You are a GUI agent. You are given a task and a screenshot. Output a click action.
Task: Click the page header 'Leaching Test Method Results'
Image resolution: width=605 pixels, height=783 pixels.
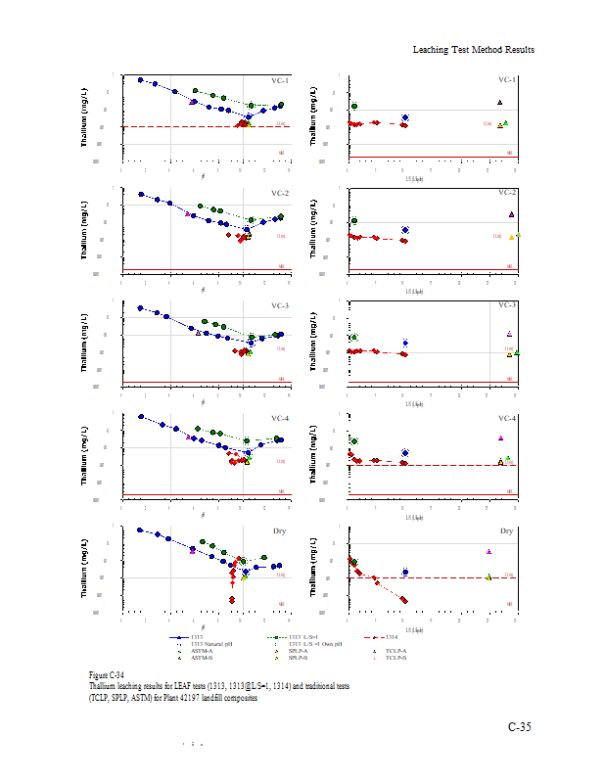point(473,49)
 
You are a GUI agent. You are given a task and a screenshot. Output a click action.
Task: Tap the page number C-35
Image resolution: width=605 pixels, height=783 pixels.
point(520,726)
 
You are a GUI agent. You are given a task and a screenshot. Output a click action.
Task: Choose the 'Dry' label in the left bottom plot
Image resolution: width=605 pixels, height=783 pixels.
point(282,531)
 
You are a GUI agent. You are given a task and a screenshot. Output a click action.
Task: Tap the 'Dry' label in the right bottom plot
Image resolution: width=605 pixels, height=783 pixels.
point(507,531)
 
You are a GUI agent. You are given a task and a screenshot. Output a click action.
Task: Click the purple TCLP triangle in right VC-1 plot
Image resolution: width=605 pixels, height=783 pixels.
point(499,102)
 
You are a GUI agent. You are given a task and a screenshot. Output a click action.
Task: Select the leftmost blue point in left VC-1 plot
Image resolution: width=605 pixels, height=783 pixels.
point(140,80)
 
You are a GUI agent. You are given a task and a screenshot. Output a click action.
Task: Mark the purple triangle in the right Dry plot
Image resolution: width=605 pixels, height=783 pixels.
point(489,551)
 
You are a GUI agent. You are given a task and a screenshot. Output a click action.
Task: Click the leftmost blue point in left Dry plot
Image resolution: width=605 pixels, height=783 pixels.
point(140,530)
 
